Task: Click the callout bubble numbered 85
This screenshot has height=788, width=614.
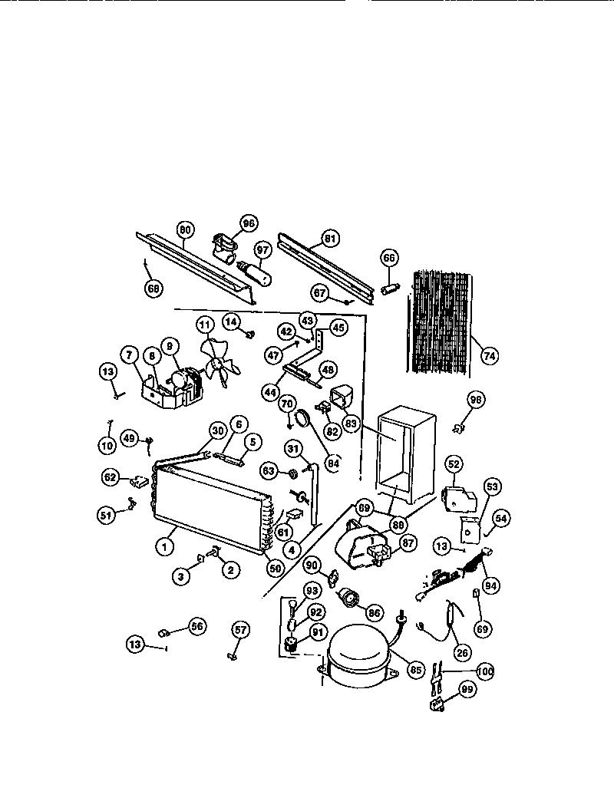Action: [x=416, y=669]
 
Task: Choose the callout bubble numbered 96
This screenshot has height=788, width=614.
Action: [x=247, y=224]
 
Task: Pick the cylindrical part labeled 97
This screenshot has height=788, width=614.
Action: [x=254, y=272]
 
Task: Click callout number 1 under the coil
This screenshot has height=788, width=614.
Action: [x=163, y=547]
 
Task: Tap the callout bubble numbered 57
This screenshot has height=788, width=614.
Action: [x=241, y=631]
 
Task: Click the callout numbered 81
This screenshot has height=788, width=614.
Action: [x=329, y=239]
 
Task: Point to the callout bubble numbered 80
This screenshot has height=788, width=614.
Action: [x=184, y=228]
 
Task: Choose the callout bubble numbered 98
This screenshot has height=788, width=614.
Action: [x=477, y=399]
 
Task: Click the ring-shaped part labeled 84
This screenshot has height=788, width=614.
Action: [x=302, y=417]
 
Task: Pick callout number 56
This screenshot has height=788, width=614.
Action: [x=196, y=626]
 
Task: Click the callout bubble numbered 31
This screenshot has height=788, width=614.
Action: [x=292, y=448]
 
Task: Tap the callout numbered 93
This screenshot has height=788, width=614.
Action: [x=312, y=590]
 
